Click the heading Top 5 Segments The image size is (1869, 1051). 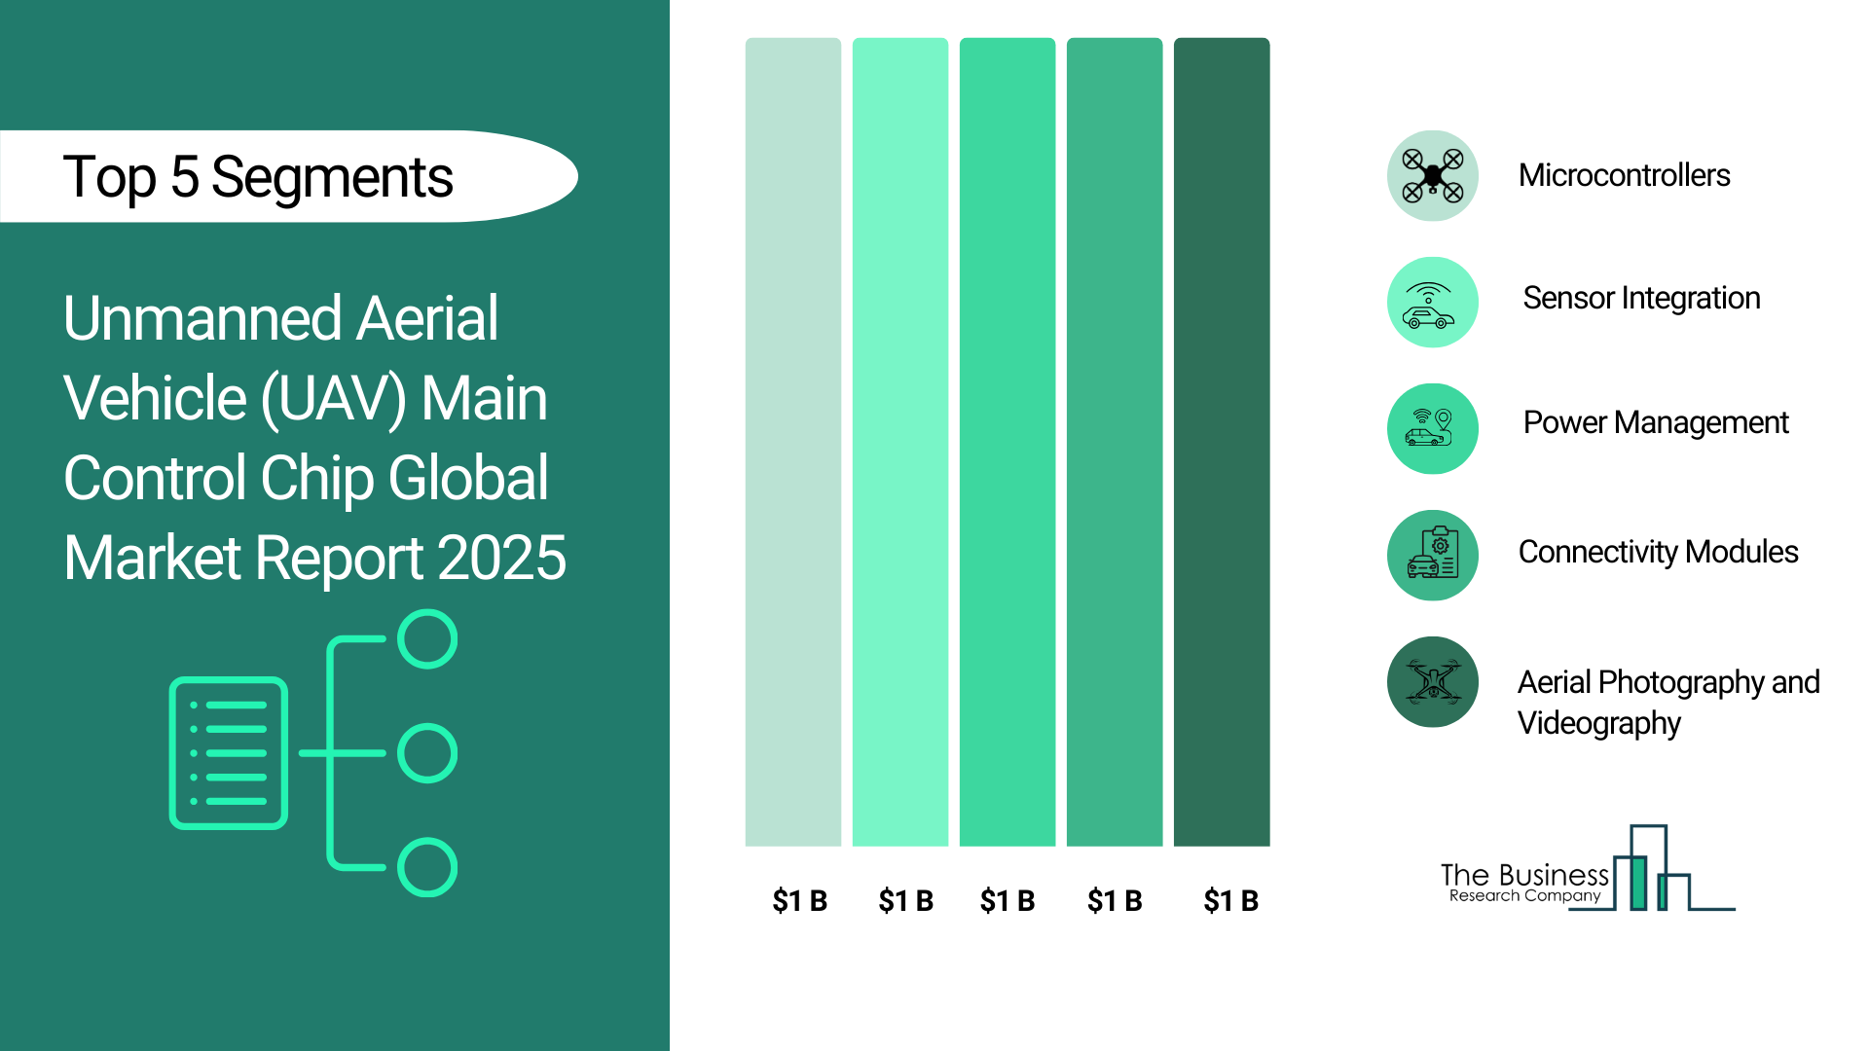coord(258,177)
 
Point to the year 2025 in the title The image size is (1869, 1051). coord(501,558)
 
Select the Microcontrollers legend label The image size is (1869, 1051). coord(1624,175)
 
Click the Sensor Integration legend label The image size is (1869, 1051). coord(1641,298)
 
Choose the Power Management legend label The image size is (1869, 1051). coord(1656,423)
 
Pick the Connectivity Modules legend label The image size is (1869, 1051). coord(1658,552)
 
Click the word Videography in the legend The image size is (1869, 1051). coord(1598,724)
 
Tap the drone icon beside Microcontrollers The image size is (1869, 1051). coord(1433,176)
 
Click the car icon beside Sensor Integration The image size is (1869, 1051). coord(1433,303)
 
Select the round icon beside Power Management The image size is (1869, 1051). coord(1433,429)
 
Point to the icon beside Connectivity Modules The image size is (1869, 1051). coord(1433,556)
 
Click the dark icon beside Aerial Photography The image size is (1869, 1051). coord(1433,682)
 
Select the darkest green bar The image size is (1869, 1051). coord(1222,442)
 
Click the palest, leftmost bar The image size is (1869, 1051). coord(793,442)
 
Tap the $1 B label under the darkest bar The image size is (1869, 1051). coord(1231,901)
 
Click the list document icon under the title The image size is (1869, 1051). coord(229,753)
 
